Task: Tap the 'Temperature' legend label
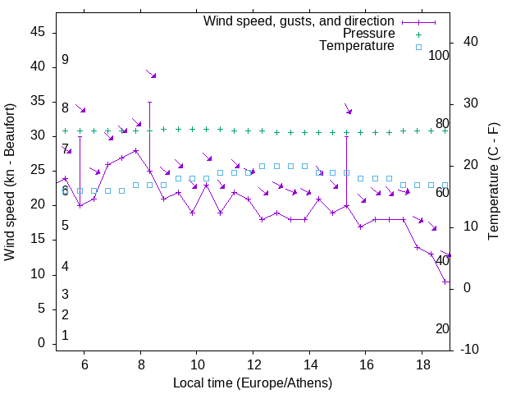[357, 46]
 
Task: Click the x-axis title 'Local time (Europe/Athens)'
[253, 383]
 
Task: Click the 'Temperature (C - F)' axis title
[493, 182]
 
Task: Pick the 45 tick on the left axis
[38, 31]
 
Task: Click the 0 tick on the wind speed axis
[41, 344]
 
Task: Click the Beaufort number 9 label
[65, 60]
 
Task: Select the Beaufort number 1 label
[65, 336]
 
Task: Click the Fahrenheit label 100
[439, 56]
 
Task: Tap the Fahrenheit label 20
[442, 329]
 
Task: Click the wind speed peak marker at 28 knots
[135, 150]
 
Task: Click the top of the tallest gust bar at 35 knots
[149, 102]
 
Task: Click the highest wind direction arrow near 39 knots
[151, 74]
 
